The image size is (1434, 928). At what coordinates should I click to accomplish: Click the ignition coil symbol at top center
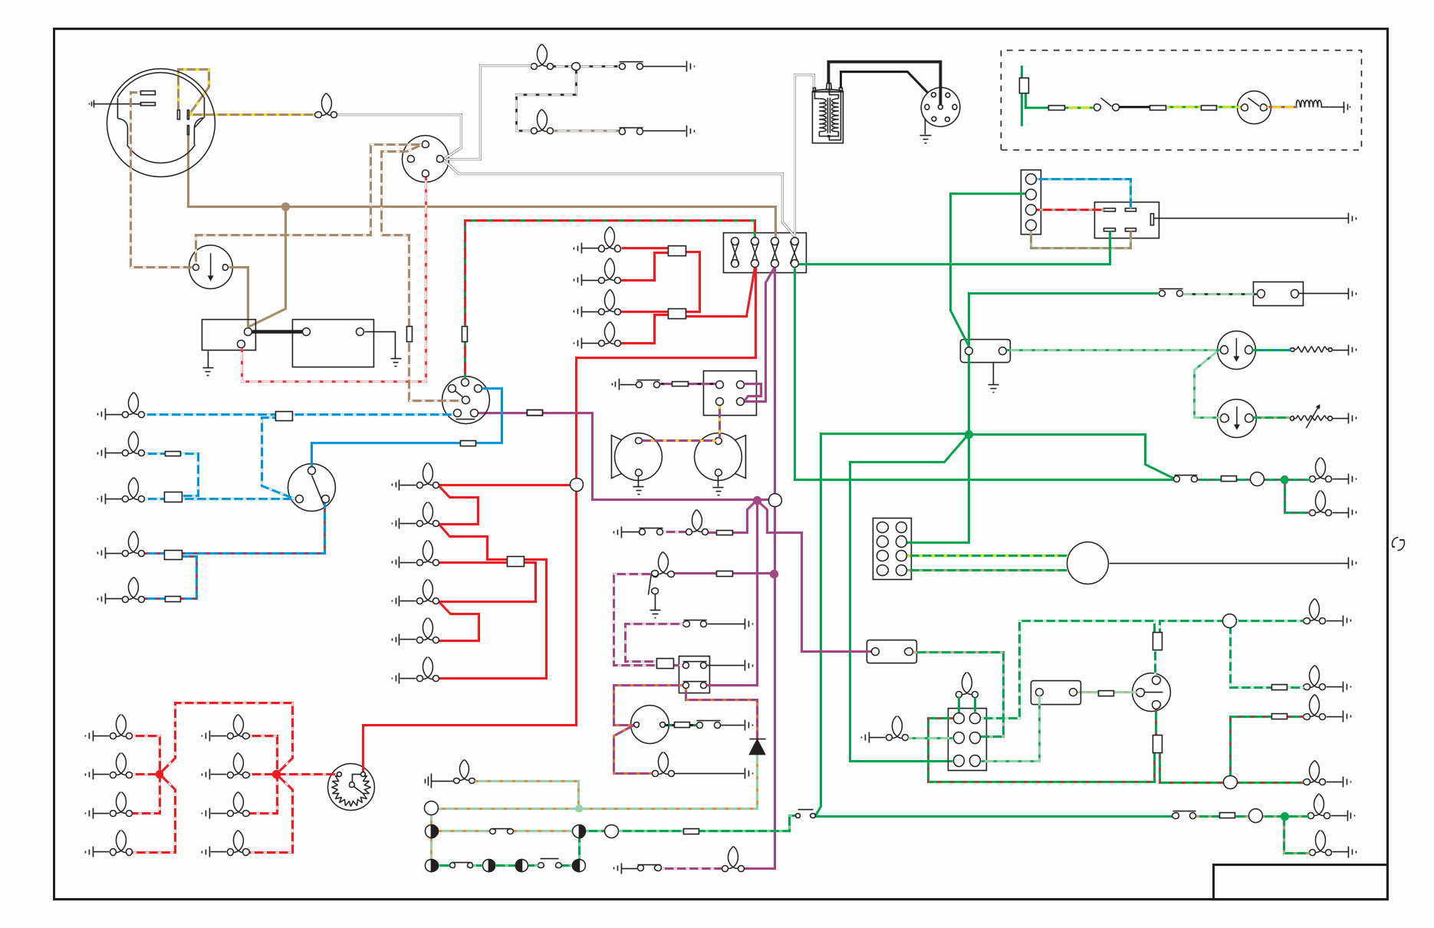[x=827, y=115]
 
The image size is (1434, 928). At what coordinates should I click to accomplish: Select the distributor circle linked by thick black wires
[x=940, y=107]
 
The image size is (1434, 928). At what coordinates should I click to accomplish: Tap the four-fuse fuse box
[x=765, y=252]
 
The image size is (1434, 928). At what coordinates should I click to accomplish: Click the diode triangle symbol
[x=757, y=746]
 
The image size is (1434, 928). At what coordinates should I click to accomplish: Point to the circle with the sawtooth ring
[x=350, y=787]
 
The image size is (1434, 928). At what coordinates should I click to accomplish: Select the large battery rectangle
[x=333, y=343]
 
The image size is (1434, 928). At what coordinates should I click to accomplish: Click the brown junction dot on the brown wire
[x=286, y=206]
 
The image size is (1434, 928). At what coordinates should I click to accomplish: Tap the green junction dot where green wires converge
[x=969, y=434]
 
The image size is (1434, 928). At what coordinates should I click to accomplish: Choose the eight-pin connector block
[x=892, y=548]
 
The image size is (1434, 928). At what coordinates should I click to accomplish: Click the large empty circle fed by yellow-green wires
[x=1087, y=563]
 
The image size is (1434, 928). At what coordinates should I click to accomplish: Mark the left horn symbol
[x=636, y=457]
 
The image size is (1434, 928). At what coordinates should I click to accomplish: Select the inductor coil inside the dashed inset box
[x=1308, y=104]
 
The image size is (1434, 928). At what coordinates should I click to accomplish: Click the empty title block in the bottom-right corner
[x=1300, y=881]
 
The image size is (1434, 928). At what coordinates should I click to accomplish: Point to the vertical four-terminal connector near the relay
[x=1031, y=202]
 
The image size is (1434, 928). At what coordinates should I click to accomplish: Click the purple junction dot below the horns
[x=757, y=500]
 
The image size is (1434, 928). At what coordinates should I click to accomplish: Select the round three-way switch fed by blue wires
[x=311, y=487]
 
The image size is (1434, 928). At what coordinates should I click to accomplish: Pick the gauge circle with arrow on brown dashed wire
[x=211, y=267]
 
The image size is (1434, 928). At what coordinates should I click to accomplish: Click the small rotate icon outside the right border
[x=1399, y=544]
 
